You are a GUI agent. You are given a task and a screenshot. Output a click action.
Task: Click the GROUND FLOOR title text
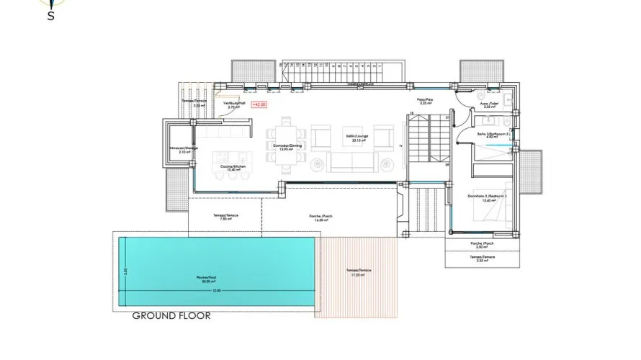coord(171,315)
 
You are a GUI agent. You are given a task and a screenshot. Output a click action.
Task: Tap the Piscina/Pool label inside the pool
coord(207,278)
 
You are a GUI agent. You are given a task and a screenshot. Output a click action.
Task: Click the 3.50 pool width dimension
coord(125,271)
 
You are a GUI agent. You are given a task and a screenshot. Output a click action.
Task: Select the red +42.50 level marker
coord(259,104)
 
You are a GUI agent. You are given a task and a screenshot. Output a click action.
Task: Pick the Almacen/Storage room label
coord(183,150)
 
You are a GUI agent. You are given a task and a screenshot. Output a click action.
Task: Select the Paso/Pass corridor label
coord(425,102)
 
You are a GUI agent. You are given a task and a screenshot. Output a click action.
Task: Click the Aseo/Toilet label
coord(490,105)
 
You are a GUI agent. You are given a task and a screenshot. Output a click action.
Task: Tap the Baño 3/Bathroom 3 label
coord(493,135)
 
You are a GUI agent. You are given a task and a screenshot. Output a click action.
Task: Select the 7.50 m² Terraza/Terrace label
coord(225,217)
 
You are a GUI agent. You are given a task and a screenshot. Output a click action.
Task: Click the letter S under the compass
coord(51,17)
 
